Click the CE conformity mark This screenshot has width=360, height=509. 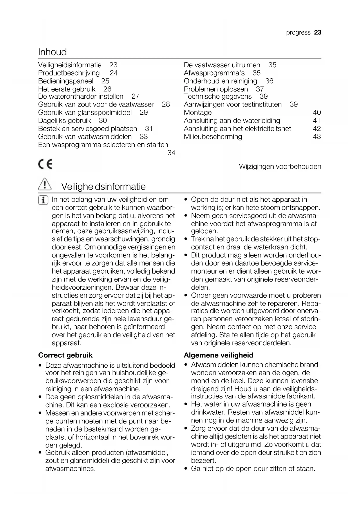tap(45, 165)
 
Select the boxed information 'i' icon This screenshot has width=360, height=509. tap(43, 200)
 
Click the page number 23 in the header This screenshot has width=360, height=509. tap(318, 33)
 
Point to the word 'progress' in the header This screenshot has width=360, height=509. tap(298, 33)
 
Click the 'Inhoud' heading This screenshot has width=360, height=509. tap(53, 52)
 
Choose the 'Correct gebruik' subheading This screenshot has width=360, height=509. tap(65, 355)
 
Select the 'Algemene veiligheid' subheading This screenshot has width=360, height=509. tap(218, 355)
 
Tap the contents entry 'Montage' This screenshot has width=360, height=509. tap(198, 113)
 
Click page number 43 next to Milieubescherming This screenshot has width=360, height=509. tap(317, 137)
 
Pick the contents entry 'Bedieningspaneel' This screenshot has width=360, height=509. tap(66, 81)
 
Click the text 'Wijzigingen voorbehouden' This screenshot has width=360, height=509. tap(280, 167)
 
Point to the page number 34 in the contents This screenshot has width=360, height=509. tap(171, 153)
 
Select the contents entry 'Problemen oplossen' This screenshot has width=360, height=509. tap(216, 89)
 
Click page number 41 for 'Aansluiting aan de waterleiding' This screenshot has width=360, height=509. tap(317, 121)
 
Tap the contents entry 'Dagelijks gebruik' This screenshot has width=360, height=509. tap(64, 121)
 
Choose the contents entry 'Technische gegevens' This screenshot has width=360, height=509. tap(218, 96)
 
